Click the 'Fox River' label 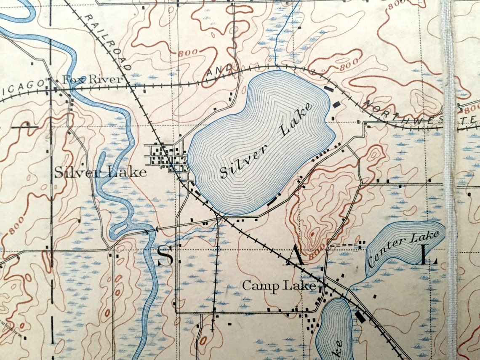pos(92,79)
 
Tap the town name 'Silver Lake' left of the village pos(100,172)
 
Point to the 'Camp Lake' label pos(279,286)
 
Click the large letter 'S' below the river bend pos(165,256)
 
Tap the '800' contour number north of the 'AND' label pos(188,53)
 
